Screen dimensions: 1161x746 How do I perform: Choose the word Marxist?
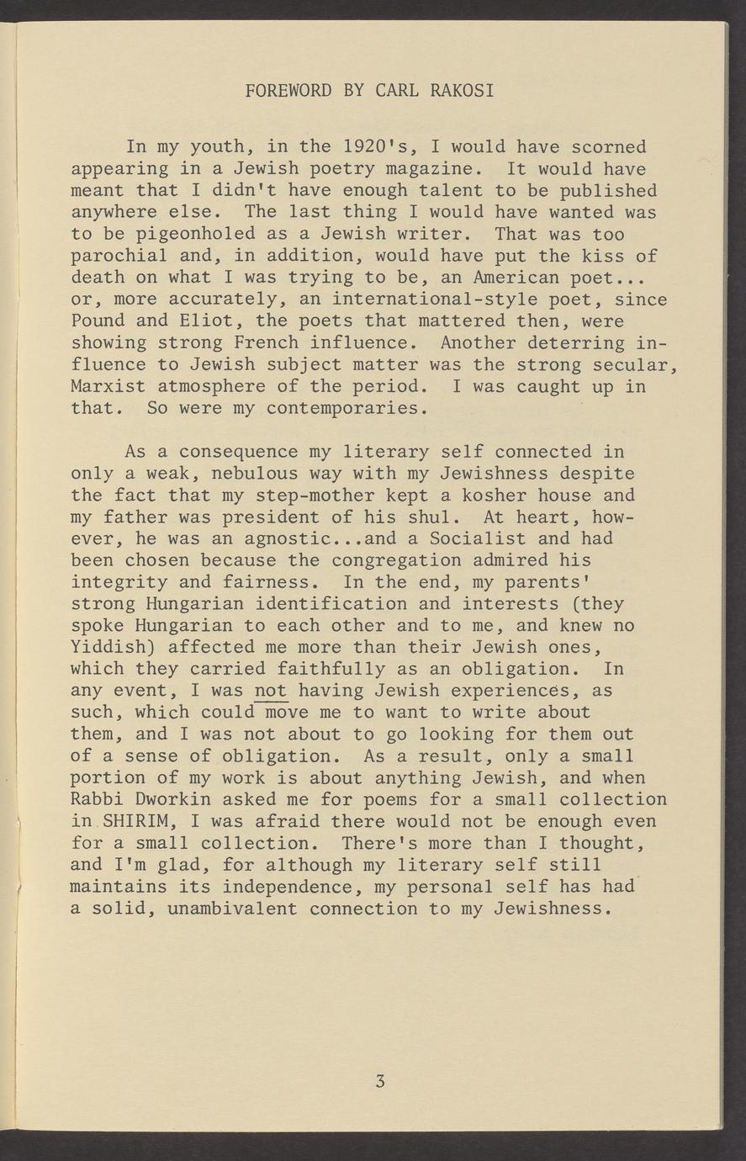pos(108,387)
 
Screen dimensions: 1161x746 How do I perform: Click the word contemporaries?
pos(347,409)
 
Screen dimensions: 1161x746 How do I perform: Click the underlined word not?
pos(271,691)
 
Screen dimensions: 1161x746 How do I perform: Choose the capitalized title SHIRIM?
pos(135,821)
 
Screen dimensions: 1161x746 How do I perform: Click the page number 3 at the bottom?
pos(380,1082)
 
